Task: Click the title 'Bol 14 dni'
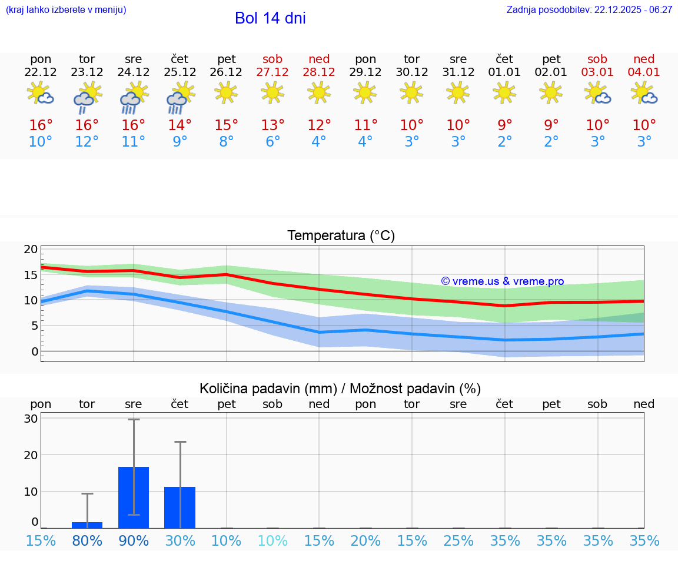(270, 18)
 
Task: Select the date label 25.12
(180, 72)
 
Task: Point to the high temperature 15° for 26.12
(227, 125)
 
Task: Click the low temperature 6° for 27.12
(272, 142)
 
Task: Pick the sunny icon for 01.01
(504, 92)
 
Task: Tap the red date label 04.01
(644, 72)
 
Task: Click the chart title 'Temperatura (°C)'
(341, 236)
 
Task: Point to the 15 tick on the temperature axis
(31, 275)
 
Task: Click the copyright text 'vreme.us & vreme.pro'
(503, 281)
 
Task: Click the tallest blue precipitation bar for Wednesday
(134, 497)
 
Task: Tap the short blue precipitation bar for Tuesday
(87, 525)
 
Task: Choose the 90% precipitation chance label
(134, 541)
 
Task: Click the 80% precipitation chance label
(87, 541)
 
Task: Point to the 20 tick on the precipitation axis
(31, 455)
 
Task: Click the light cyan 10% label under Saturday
(273, 541)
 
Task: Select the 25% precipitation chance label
(458, 541)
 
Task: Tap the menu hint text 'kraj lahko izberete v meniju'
(66, 10)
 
